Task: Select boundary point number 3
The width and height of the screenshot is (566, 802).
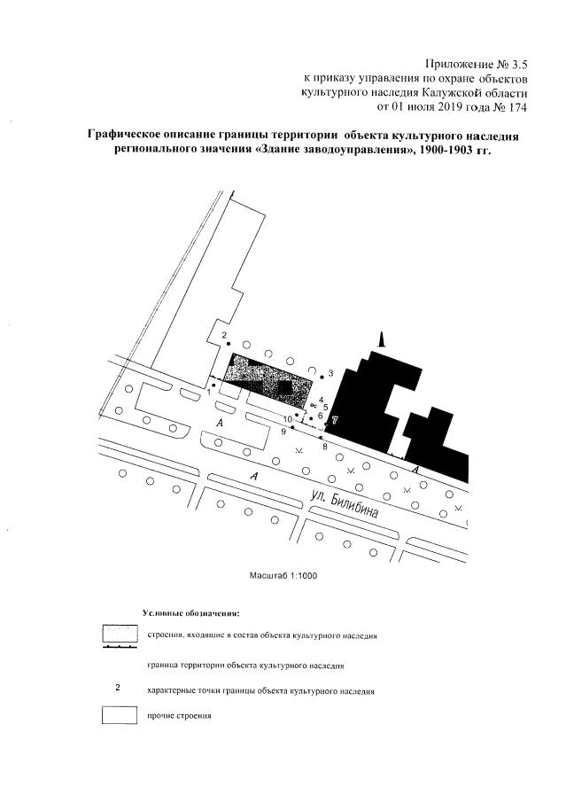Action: [x=322, y=377]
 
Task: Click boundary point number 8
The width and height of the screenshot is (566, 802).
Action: [x=321, y=438]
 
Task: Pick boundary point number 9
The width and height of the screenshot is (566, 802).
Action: [x=291, y=427]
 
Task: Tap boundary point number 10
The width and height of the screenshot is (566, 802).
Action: [x=297, y=415]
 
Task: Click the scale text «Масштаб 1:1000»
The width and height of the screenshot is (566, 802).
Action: [x=283, y=575]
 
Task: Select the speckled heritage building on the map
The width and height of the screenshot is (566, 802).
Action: [x=266, y=376]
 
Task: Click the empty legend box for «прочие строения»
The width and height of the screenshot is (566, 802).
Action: [x=120, y=714]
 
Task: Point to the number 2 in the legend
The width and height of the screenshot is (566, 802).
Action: [x=119, y=688]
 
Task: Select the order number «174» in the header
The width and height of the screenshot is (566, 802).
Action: [x=516, y=108]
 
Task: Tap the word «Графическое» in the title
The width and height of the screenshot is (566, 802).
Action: [x=129, y=136]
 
